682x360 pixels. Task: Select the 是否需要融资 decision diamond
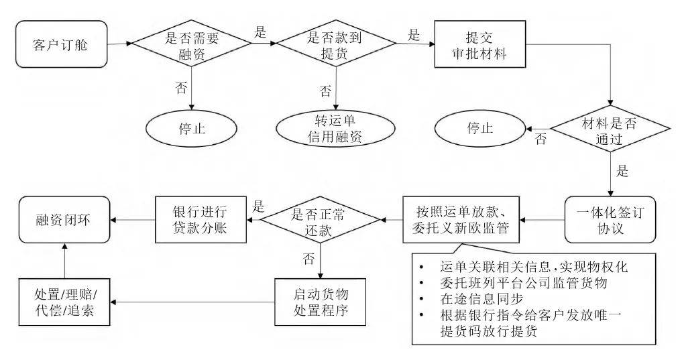coord(192,45)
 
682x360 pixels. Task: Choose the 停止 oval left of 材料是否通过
coord(479,128)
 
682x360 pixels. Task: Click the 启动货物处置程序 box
coord(321,304)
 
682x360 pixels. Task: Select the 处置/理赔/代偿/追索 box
coord(65,304)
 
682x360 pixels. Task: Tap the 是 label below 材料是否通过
coord(622,171)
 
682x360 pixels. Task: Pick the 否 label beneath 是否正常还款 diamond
coord(308,257)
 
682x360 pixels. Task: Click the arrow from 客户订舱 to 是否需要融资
coord(117,45)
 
